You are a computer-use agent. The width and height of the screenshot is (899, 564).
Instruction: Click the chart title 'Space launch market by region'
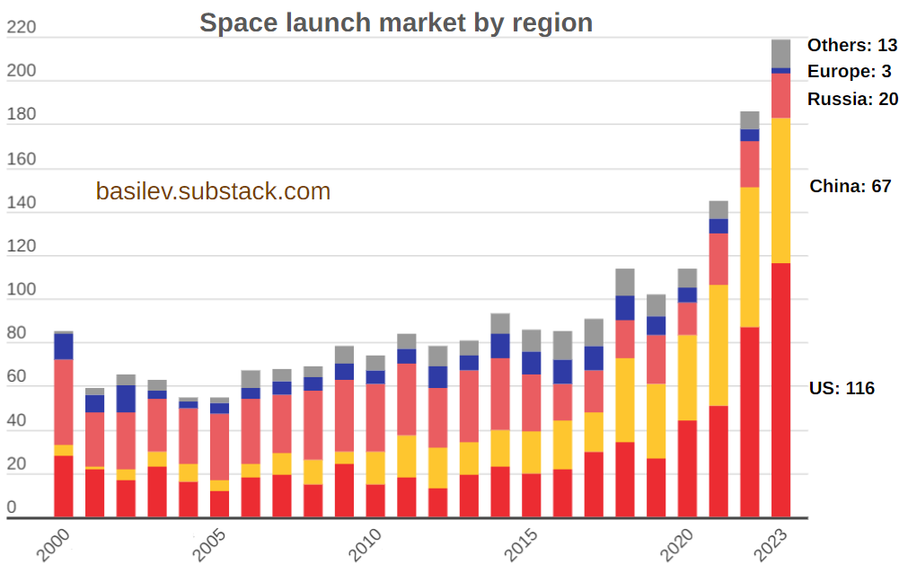click(x=396, y=22)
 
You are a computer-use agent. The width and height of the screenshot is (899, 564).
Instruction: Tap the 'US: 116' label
click(x=842, y=388)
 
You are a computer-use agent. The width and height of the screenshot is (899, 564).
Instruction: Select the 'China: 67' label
click(x=850, y=186)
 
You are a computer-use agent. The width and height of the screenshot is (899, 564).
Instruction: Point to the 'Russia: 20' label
click(x=852, y=99)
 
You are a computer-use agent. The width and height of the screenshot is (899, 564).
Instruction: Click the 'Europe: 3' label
click(x=849, y=72)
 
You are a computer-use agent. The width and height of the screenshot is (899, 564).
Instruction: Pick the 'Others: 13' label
click(x=851, y=45)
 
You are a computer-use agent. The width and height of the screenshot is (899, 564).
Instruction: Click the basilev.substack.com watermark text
click(x=213, y=191)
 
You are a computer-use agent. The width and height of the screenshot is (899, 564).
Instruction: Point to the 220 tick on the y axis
click(x=21, y=28)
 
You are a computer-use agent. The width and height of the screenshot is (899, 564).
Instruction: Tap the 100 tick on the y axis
click(x=21, y=290)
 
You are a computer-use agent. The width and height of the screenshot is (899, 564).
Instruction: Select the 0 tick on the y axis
click(x=12, y=507)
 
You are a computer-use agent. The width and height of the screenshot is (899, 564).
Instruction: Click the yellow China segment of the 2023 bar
click(x=780, y=189)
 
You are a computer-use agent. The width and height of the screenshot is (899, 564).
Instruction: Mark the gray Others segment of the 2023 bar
click(x=780, y=53)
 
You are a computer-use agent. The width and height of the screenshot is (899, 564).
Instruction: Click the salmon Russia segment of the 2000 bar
click(x=63, y=401)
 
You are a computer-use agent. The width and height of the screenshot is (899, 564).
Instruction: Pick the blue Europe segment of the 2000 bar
click(x=63, y=347)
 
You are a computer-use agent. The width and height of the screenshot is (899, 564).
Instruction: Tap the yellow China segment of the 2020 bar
click(x=687, y=377)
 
